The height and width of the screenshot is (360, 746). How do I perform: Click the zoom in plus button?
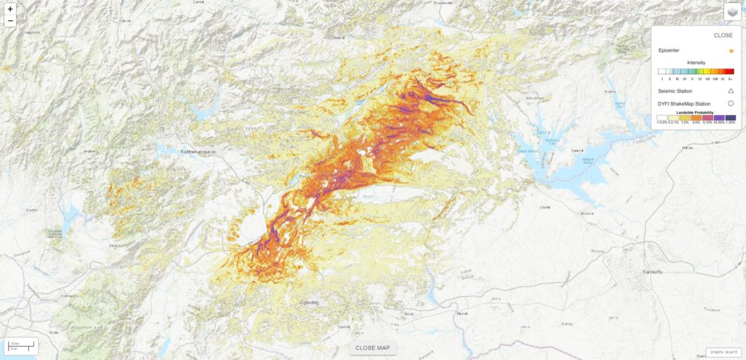(10, 9)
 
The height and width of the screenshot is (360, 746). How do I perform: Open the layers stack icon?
(732, 12)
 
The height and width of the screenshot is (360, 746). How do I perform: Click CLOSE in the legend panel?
(723, 35)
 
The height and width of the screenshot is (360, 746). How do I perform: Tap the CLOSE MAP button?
(373, 348)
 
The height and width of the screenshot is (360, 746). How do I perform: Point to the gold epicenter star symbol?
(730, 50)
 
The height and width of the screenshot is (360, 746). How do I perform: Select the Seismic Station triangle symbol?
(730, 91)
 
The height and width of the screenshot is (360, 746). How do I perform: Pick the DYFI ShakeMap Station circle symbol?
(730, 104)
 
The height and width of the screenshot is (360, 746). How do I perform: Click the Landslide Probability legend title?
(695, 111)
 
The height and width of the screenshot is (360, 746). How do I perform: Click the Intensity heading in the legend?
(696, 63)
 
